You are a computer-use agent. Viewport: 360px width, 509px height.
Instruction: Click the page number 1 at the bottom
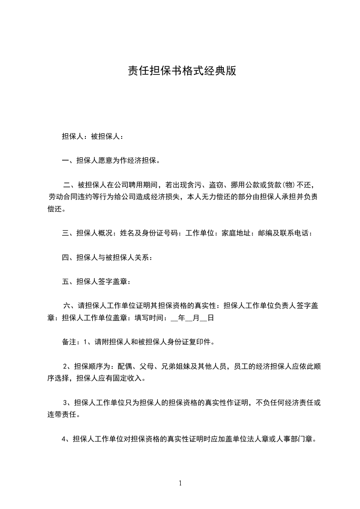coord(180,483)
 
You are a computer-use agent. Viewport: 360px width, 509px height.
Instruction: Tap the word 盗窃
coord(216,185)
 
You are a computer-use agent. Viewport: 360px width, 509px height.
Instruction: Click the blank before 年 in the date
coord(175,318)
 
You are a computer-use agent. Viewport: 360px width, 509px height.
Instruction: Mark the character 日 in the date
coord(211,318)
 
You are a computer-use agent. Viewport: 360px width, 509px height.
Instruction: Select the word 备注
coord(69,342)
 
